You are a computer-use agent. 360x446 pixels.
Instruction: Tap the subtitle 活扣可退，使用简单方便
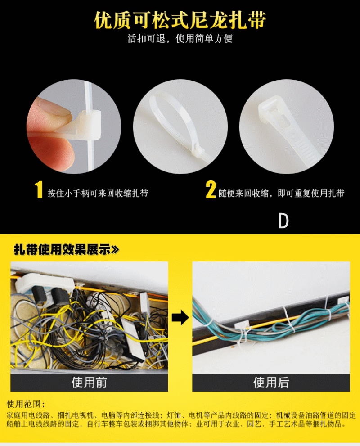coord(180,38)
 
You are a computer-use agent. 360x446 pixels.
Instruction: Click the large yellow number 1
coord(39,189)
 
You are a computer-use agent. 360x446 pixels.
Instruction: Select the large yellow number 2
coord(211,189)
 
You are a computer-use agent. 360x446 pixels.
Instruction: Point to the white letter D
coord(283,221)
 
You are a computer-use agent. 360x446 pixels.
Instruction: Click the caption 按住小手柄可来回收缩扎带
coord(98,194)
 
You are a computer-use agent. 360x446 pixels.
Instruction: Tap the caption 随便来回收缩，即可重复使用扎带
coord(281,194)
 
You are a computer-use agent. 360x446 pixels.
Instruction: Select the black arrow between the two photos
coord(180,317)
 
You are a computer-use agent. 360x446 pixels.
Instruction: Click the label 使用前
coord(89,383)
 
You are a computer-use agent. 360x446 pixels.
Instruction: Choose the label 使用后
coord(271,383)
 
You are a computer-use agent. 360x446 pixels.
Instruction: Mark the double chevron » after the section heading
coord(115,250)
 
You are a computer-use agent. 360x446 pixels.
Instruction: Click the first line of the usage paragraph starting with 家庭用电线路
coord(181,415)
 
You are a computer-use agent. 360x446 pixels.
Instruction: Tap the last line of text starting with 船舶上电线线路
coord(176,424)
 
